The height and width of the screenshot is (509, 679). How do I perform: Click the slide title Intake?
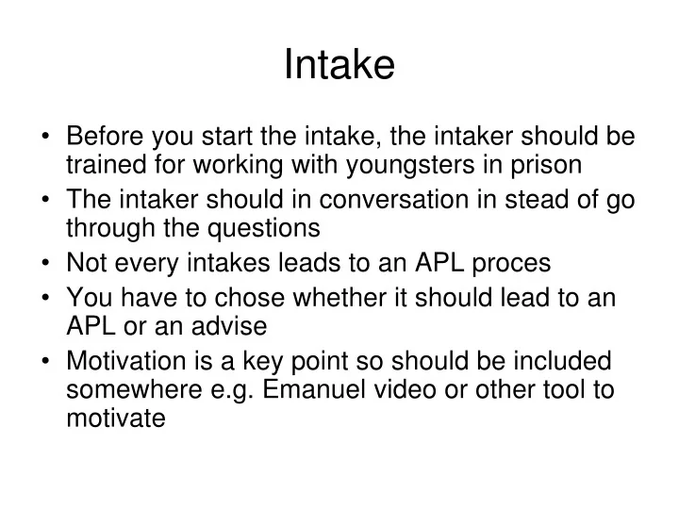pyautogui.click(x=339, y=65)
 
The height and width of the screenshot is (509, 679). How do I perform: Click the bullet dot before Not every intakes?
pyautogui.click(x=46, y=264)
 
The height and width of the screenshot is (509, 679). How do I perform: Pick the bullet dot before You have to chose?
pyautogui.click(x=46, y=299)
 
